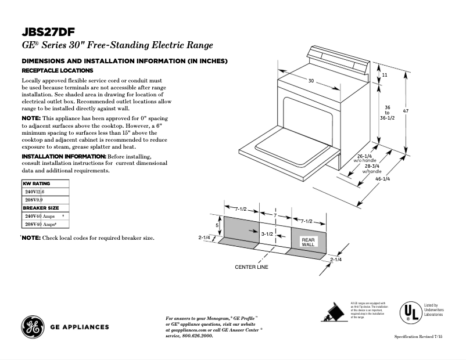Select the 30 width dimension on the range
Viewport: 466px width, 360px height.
click(x=311, y=81)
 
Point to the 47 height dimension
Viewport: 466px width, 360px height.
click(x=422, y=111)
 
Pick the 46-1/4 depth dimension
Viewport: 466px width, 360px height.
click(x=382, y=179)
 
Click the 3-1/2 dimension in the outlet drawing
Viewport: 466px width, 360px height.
click(x=267, y=233)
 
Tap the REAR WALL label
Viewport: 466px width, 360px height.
click(x=307, y=242)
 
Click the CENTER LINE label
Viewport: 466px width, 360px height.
click(x=252, y=267)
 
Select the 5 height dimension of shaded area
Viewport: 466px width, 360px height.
click(x=217, y=225)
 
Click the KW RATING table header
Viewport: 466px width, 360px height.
click(x=37, y=183)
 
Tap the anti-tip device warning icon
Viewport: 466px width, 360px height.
click(x=334, y=312)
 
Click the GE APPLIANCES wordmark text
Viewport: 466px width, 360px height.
click(x=80, y=327)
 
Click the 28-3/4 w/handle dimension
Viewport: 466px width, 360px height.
click(x=372, y=169)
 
